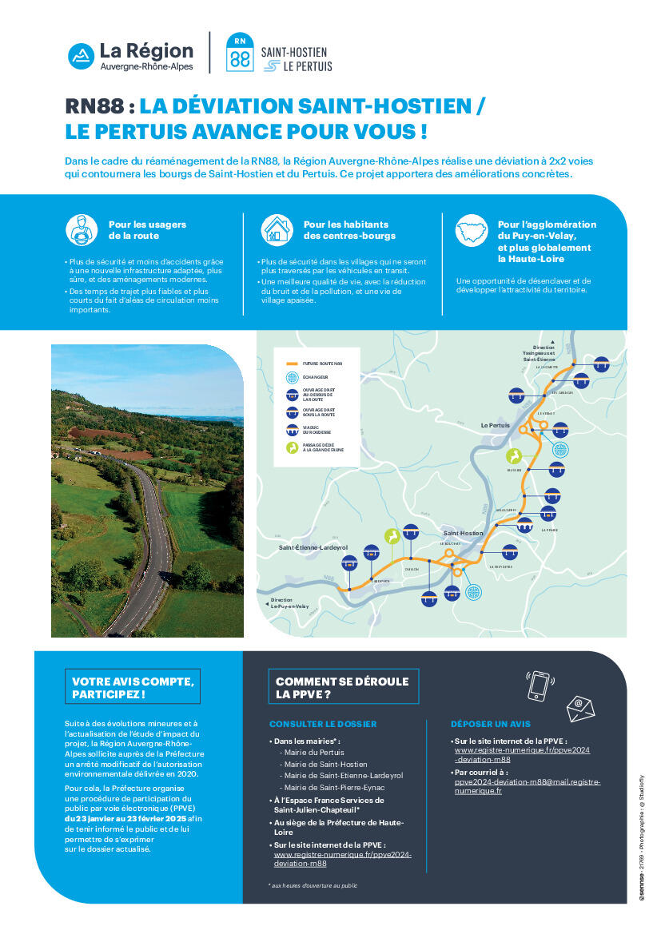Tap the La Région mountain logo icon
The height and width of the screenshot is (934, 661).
80,54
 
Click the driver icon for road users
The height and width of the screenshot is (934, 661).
82,229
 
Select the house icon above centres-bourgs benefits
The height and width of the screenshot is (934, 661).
277,229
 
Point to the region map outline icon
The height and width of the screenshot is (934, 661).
471,229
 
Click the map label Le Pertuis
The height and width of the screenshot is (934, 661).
495,425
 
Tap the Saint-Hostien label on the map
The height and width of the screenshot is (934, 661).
463,533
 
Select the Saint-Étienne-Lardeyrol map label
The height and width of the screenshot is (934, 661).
313,547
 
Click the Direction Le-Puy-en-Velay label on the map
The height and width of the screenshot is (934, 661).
289,603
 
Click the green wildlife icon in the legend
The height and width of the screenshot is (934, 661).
293,447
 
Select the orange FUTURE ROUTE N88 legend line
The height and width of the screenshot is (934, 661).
293,362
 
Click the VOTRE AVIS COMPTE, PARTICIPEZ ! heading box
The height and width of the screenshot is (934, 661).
133,687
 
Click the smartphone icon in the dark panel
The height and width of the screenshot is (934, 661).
540,685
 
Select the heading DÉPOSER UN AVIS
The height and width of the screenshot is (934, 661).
491,724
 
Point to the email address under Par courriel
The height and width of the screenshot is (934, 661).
527,786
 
